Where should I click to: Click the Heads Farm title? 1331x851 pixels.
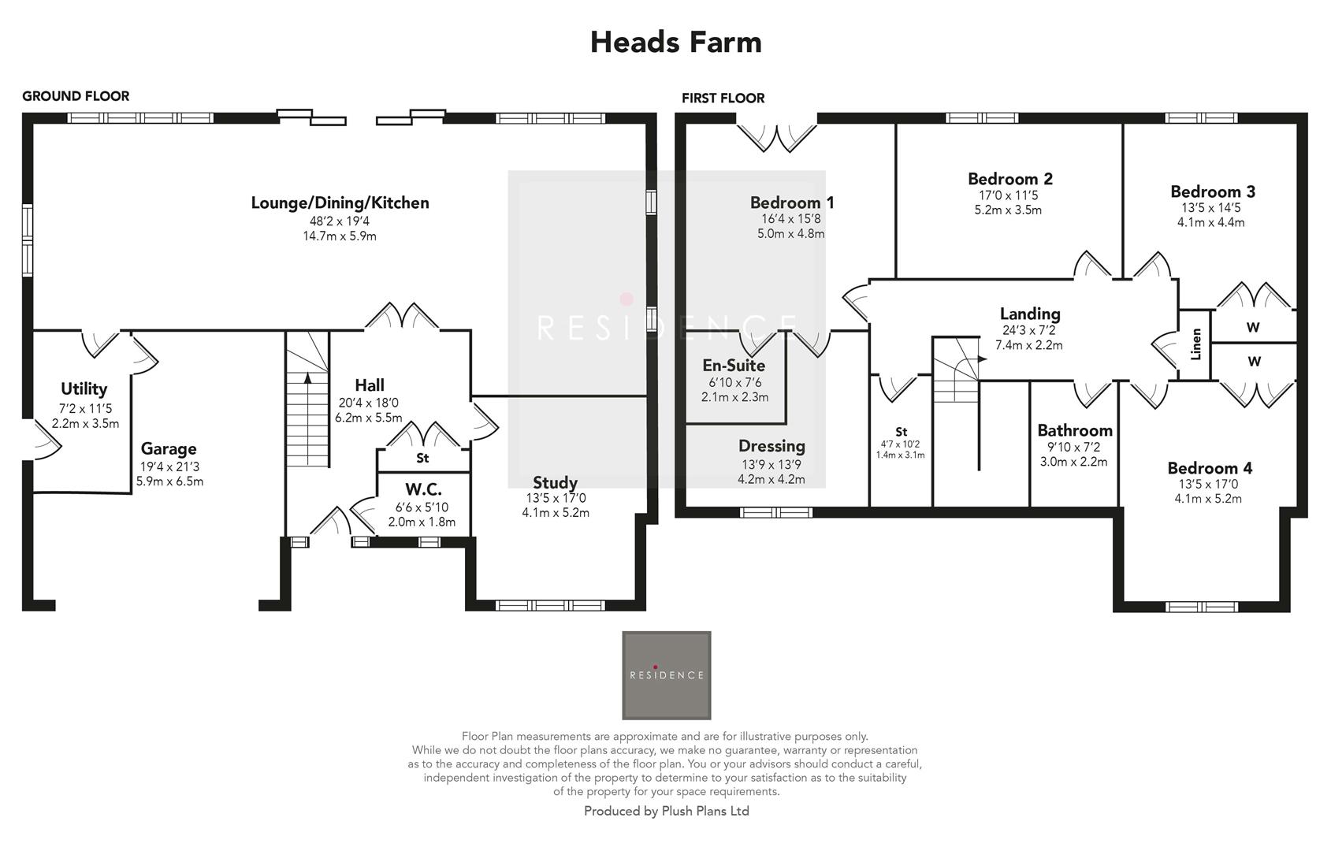[675, 42]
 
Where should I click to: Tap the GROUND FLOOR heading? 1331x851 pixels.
[76, 96]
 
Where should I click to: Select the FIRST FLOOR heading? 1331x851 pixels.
[723, 98]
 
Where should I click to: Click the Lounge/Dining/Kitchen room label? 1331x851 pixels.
[340, 203]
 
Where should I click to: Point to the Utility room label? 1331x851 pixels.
[84, 388]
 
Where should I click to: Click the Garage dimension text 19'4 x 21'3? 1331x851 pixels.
[169, 466]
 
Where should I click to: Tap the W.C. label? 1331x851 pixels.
[423, 489]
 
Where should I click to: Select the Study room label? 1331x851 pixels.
[555, 482]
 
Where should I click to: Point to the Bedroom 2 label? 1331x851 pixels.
[1009, 179]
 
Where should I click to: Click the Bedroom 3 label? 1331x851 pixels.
[1212, 191]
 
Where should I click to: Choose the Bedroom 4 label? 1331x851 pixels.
[1209, 468]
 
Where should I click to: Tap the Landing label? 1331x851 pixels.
[1029, 314]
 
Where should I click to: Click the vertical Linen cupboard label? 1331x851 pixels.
[1195, 344]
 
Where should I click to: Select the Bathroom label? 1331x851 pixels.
[1074, 430]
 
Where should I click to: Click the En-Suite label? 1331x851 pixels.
[733, 366]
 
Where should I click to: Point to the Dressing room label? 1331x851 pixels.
[771, 446]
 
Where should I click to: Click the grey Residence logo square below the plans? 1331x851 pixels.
[666, 675]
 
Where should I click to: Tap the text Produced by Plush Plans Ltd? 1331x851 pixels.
[666, 811]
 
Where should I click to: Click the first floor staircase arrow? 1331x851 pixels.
[981, 359]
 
